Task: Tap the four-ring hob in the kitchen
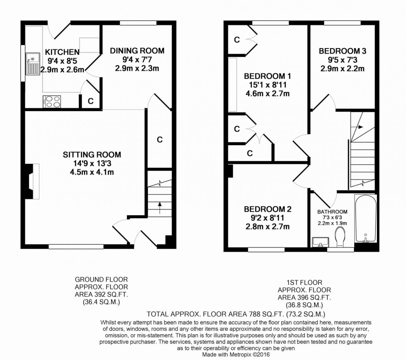tap(51, 102)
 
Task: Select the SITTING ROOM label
tap(92, 155)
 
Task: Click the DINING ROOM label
tap(137, 51)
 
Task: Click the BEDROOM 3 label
tap(342, 51)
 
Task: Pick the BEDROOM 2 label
tap(268, 209)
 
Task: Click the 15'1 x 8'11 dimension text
tap(268, 85)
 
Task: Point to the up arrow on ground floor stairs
tap(159, 207)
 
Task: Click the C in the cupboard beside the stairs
tap(159, 139)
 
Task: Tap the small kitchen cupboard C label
tap(91, 101)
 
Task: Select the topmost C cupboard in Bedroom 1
tap(237, 40)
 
